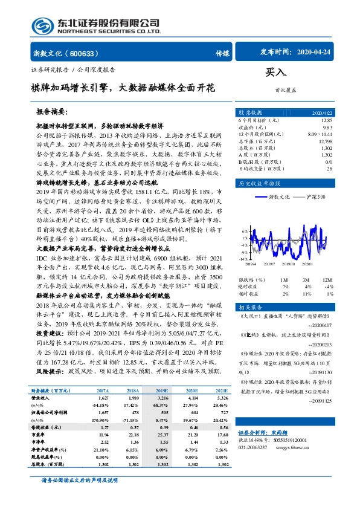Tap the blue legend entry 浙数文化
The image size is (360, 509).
pos(280,198)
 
